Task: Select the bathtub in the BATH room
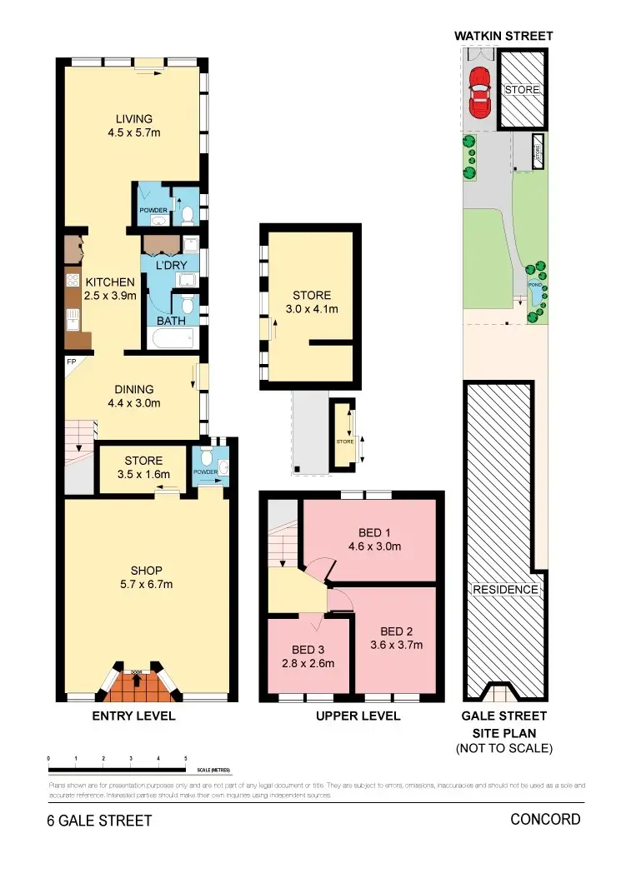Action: click(x=171, y=337)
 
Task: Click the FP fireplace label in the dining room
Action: click(x=72, y=362)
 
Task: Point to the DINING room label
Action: click(x=134, y=389)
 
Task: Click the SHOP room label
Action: click(x=146, y=571)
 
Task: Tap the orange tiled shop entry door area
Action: click(x=136, y=685)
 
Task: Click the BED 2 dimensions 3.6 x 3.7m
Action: click(x=396, y=644)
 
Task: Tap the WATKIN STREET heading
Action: click(x=503, y=36)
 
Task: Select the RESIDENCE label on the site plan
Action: click(x=505, y=590)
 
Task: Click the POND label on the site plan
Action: click(x=535, y=285)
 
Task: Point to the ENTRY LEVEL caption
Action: click(x=133, y=716)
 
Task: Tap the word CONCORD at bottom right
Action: click(x=545, y=820)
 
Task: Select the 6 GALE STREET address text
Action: click(x=99, y=821)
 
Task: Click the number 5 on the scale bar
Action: click(x=185, y=759)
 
